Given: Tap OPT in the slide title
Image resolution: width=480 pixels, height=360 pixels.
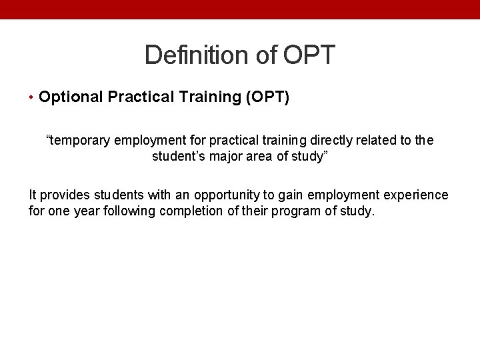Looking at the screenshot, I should [x=309, y=55].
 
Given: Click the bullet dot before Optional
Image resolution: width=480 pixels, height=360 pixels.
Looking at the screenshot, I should [x=33, y=98].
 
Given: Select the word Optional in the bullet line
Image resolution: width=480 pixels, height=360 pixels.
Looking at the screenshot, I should [x=71, y=97].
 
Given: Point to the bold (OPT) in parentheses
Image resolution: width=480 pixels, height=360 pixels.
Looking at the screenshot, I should [x=268, y=97].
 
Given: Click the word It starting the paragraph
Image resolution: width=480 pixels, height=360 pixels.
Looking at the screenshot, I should [x=33, y=195].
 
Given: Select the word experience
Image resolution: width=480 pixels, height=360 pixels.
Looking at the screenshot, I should [x=418, y=195].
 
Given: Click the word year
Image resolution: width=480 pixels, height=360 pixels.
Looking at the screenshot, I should [x=89, y=212].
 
